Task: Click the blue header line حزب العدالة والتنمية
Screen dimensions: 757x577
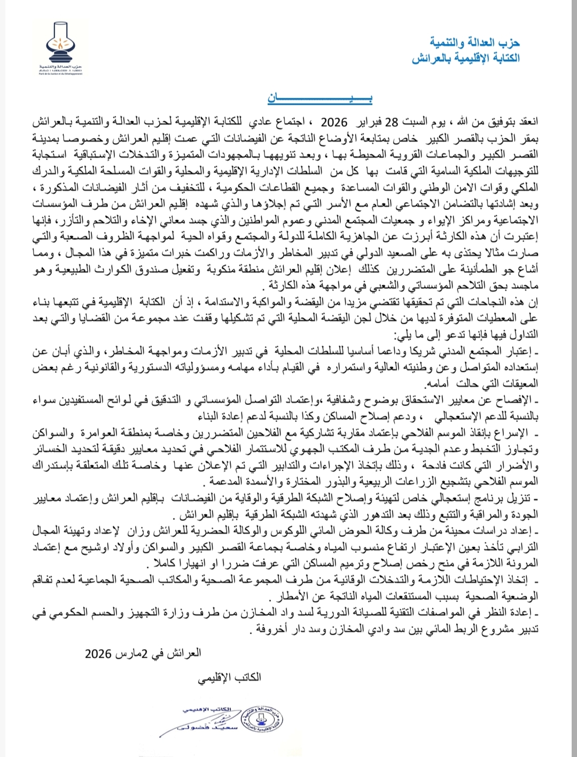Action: click(x=474, y=42)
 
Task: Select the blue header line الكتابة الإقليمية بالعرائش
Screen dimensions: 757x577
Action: click(x=465, y=58)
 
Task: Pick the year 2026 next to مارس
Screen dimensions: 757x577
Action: click(x=98, y=653)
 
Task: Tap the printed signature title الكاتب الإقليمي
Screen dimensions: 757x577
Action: click(x=229, y=677)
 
